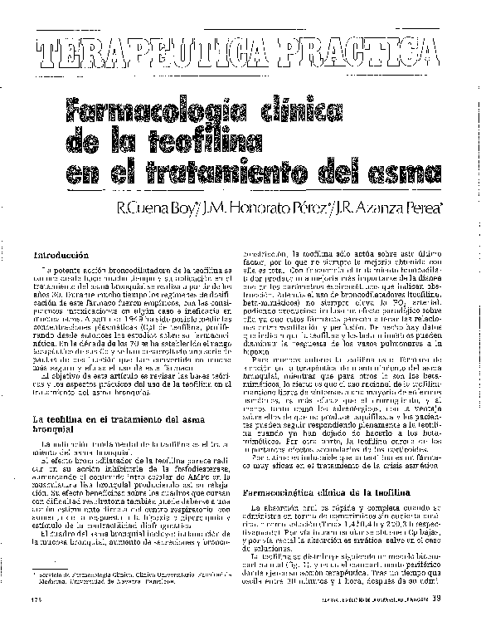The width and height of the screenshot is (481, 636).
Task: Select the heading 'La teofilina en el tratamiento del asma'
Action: tap(124, 420)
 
